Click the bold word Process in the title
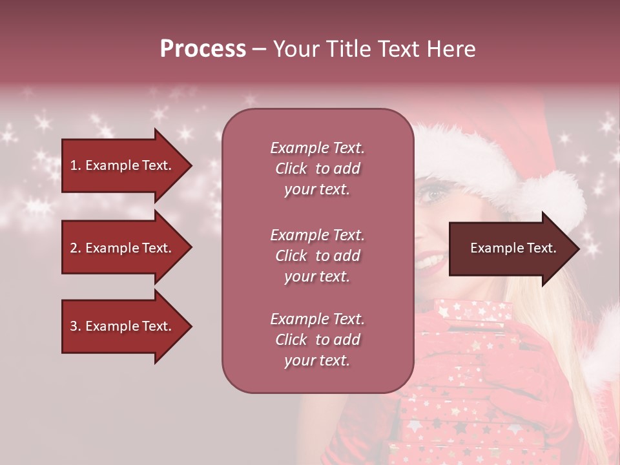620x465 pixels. [203, 49]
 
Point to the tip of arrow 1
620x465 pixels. [191, 165]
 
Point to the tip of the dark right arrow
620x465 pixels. [579, 249]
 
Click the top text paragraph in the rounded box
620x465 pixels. [317, 169]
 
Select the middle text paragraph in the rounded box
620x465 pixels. [317, 256]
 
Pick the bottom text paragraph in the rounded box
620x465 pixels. [317, 340]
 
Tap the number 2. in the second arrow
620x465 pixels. [76, 248]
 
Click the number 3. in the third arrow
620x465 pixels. [76, 327]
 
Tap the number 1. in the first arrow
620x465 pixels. [76, 165]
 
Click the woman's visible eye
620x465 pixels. [433, 193]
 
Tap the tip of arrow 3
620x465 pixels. [191, 327]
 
